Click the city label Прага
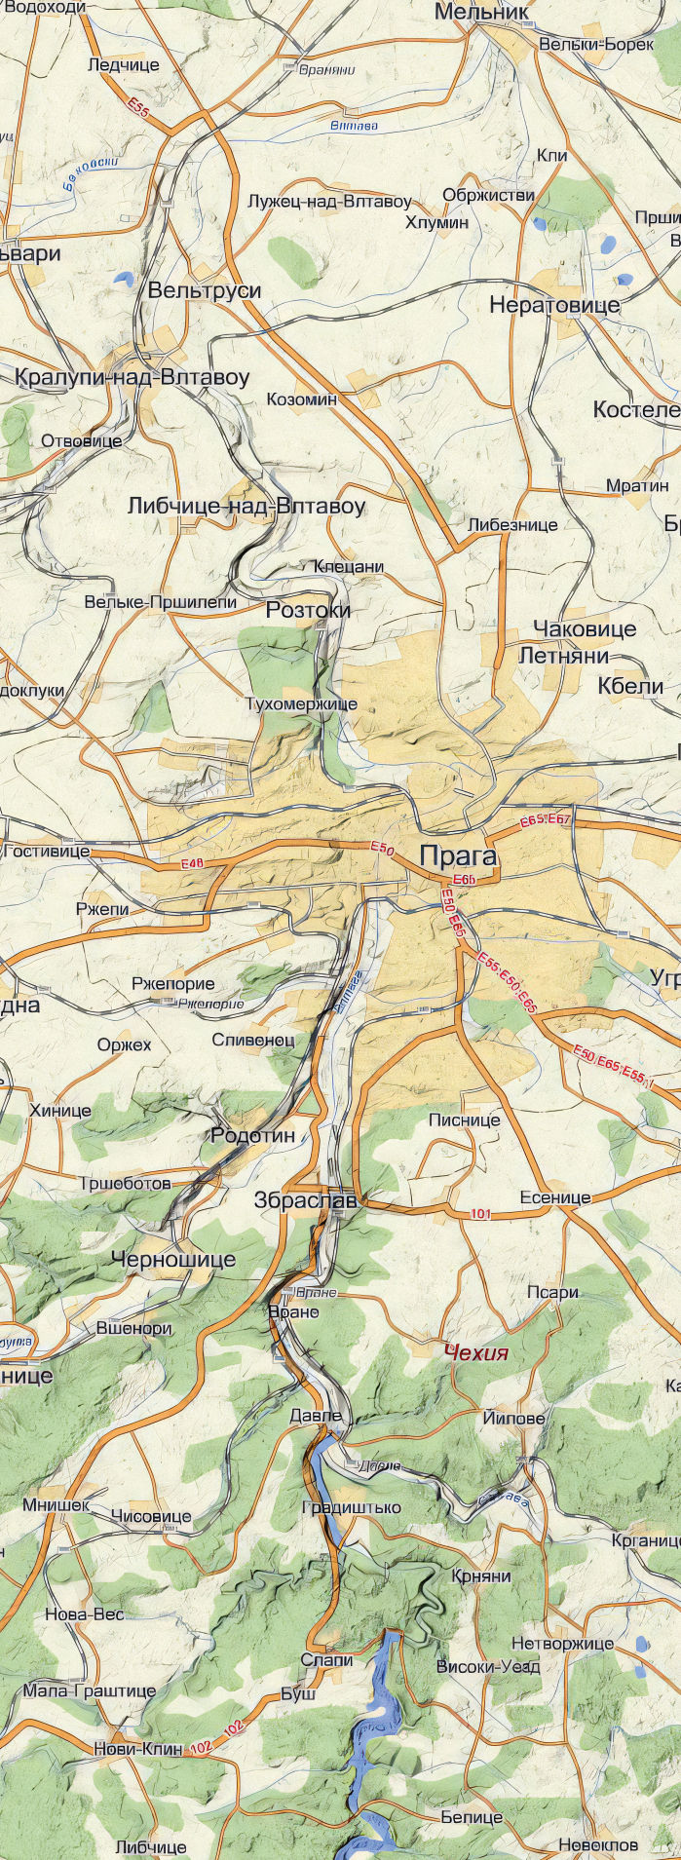(458, 856)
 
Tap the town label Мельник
(482, 12)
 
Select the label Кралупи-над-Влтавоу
(132, 377)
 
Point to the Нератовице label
(553, 305)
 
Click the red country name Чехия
(475, 1352)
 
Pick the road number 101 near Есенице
(479, 1214)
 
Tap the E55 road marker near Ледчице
(138, 108)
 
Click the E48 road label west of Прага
(192, 864)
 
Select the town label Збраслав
(305, 1200)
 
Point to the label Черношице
(173, 1260)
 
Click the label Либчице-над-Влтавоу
(246, 506)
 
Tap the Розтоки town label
(308, 610)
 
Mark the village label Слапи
(326, 1659)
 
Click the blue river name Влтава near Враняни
(353, 126)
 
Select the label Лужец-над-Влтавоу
(329, 202)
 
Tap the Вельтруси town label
(205, 290)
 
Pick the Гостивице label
(47, 852)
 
